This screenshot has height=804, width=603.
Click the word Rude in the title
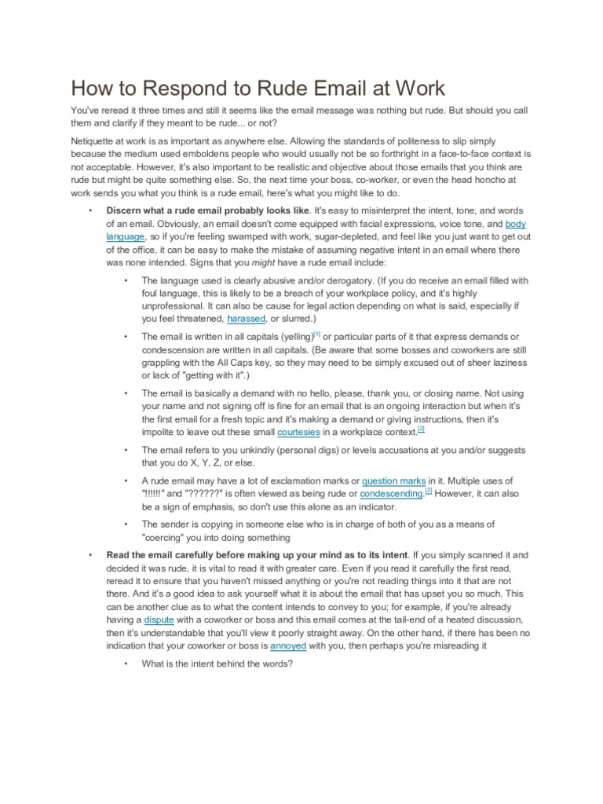point(239,88)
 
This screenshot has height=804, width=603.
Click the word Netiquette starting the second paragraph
point(96,141)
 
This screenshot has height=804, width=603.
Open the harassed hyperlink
point(246,319)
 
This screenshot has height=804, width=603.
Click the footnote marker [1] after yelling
point(317,334)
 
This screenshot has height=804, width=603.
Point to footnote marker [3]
point(428,492)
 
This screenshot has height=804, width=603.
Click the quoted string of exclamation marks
point(157,494)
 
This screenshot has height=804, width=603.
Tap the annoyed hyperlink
point(288,645)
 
